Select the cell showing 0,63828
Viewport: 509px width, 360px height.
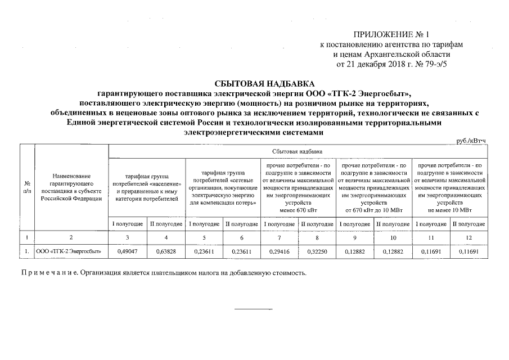[166, 253]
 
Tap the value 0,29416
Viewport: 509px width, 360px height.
[280, 253]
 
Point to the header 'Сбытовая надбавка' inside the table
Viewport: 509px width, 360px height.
[297, 152]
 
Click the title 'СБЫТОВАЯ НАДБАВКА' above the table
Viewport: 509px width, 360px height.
[254, 83]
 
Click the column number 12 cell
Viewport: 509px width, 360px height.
[469, 237]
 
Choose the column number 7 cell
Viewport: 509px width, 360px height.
[280, 237]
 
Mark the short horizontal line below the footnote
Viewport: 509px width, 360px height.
[253, 309]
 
